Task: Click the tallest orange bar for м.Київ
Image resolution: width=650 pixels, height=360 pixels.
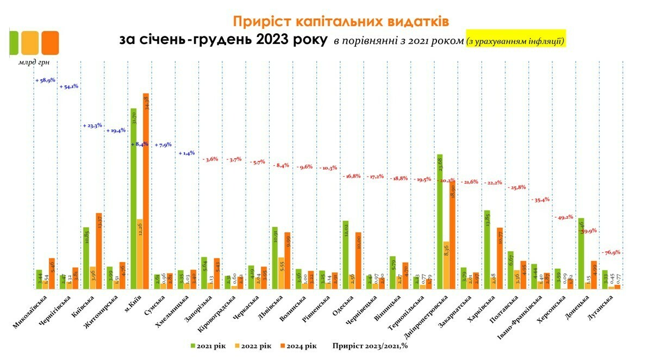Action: [145, 190]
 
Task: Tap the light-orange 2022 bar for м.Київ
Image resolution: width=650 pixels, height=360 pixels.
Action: [139, 254]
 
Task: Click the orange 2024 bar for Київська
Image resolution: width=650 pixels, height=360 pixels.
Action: [99, 250]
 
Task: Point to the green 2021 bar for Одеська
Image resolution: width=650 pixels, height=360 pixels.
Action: [345, 255]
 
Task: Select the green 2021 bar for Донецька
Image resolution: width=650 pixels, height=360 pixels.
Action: [581, 253]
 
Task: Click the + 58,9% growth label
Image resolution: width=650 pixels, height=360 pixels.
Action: [45, 80]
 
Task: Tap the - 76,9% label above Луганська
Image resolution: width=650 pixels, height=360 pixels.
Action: [610, 252]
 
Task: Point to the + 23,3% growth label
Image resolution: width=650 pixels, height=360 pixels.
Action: [93, 126]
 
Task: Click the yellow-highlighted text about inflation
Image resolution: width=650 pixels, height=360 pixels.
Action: [516, 40]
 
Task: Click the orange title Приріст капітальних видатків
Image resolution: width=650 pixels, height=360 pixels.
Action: [341, 21]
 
